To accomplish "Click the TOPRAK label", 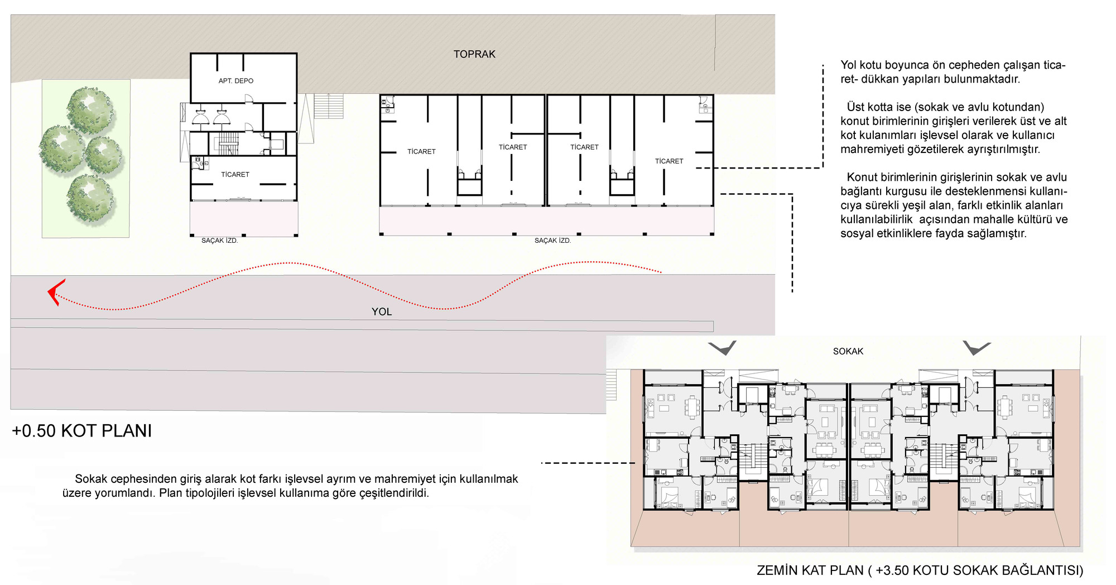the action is (474, 54).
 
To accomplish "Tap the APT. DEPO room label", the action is (236, 81).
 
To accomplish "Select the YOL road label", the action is (382, 311).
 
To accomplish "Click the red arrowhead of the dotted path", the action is (56, 292).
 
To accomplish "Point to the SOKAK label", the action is (848, 351).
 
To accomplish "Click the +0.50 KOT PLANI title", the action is (82, 431).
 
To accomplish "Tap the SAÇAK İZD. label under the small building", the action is (219, 241).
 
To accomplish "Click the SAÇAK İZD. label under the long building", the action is (552, 241).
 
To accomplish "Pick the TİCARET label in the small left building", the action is (235, 175).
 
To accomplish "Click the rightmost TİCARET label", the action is (669, 161).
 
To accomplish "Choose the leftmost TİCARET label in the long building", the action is (421, 152).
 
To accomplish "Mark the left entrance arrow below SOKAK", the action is (722, 348).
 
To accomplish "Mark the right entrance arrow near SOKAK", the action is (977, 348).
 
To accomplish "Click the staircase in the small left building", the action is (228, 143).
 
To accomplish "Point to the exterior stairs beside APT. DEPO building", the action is (329, 106).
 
